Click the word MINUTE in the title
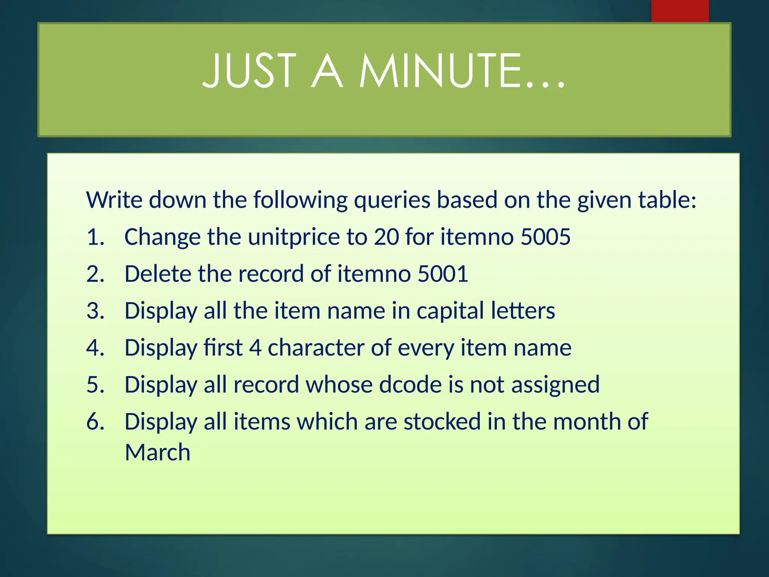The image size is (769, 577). [x=462, y=71]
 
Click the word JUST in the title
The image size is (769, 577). [x=249, y=71]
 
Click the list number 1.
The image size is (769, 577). [x=95, y=237]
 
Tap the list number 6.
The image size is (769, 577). [x=95, y=421]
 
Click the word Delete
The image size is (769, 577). [x=158, y=273]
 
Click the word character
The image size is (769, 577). [x=316, y=347]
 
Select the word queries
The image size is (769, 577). [x=392, y=200]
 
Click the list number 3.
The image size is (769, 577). [x=95, y=311]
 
